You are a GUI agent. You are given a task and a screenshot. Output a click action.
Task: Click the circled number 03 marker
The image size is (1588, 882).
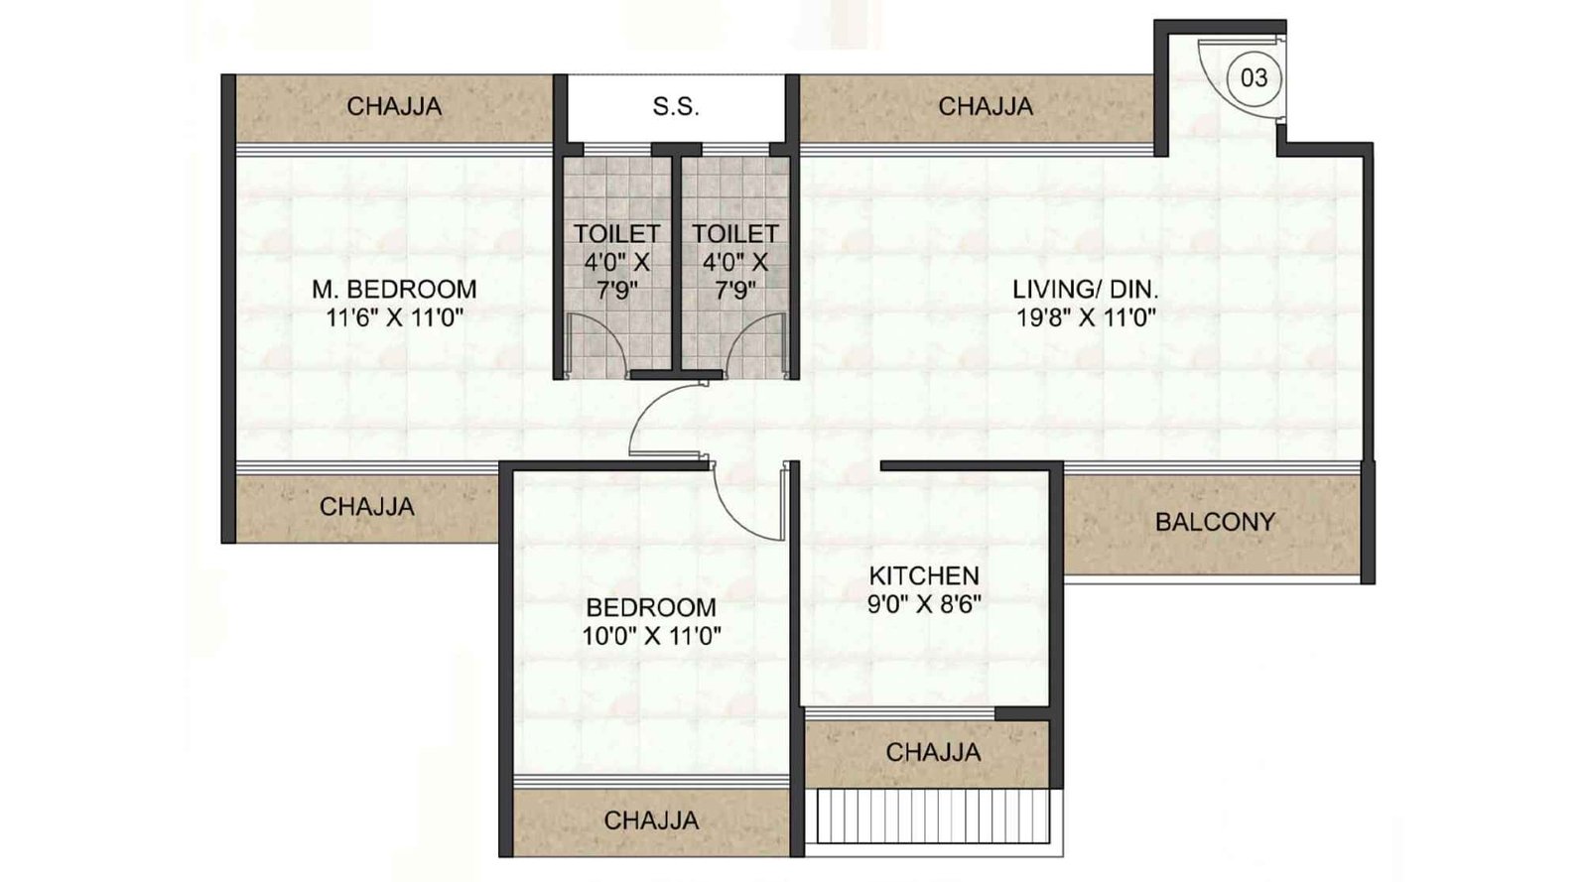coord(1254,77)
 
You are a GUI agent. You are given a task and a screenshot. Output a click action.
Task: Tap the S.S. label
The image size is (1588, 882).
coord(676,106)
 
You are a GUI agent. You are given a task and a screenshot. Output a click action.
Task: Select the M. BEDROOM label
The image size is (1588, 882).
coord(394,289)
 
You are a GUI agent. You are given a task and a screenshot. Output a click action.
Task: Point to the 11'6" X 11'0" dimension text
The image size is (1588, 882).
coord(394,318)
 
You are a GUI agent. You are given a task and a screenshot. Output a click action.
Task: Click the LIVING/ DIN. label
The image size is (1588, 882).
coord(1086,289)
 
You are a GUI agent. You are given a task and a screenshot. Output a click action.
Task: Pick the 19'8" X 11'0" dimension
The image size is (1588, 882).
coord(1086,318)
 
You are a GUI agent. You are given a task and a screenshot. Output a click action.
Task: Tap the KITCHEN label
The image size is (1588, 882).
coord(924,575)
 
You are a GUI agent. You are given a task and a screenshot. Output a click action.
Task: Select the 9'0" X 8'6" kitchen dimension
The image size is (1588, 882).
coord(924,604)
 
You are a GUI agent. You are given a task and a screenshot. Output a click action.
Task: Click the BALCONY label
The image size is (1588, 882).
coord(1215,522)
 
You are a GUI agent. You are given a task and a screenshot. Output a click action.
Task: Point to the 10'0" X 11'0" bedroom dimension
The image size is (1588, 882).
coord(651,636)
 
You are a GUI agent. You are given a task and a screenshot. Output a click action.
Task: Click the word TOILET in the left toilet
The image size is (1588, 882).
coord(616,233)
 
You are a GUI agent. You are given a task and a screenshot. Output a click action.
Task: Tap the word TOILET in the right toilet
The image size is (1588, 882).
coord(735,233)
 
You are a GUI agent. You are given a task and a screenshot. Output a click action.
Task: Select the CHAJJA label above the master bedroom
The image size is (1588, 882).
coord(394,106)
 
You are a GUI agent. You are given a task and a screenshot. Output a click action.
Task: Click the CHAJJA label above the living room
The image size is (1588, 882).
coord(986,106)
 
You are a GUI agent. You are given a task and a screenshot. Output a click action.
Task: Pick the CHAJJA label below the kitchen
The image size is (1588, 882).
coord(933,752)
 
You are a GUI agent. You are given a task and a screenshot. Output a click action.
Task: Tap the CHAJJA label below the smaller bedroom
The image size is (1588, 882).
coord(651,820)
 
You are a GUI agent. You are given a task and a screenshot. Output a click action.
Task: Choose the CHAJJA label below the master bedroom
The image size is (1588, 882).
coord(366,507)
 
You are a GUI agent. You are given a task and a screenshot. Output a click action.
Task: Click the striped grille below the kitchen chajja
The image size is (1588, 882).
coord(933,817)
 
